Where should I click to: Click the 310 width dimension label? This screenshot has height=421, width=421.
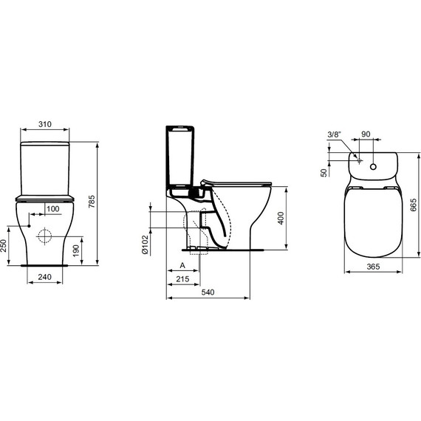pos(44,125)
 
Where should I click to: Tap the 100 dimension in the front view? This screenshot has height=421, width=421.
pos(52,210)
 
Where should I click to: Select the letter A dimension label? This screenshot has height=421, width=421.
pos(182,265)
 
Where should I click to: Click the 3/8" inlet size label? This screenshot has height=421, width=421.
pos(335,134)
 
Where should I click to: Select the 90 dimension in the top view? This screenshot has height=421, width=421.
pos(366,134)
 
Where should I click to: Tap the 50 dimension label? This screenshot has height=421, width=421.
pos(323,172)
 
